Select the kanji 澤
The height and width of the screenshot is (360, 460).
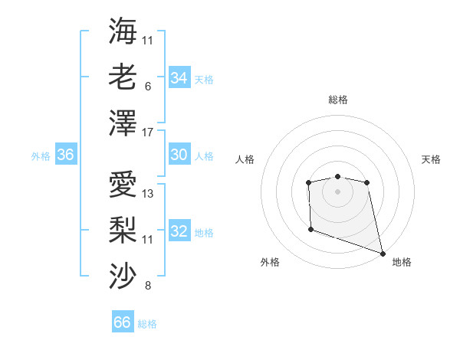tap(123, 123)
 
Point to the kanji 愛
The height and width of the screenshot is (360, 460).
tap(123, 183)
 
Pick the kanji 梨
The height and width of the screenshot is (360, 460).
tap(123, 229)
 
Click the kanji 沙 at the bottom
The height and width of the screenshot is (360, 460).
tap(123, 275)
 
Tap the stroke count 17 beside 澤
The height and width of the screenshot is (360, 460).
tap(148, 133)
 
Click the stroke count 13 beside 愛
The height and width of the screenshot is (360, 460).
tap(148, 194)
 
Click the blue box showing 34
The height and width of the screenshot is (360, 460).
tap(179, 78)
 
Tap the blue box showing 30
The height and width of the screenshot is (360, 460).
tap(179, 155)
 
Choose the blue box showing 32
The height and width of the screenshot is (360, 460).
tap(179, 231)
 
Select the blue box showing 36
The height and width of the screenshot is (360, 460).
tap(66, 155)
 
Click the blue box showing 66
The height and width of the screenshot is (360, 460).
tap(123, 322)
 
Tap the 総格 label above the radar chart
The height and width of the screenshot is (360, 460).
tap(338, 100)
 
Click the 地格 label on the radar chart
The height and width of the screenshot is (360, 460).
tap(402, 262)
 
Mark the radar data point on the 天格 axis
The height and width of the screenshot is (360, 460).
tap(367, 182)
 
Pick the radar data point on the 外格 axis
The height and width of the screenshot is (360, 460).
tap(310, 229)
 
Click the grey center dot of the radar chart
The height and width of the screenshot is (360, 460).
tap(337, 191)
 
